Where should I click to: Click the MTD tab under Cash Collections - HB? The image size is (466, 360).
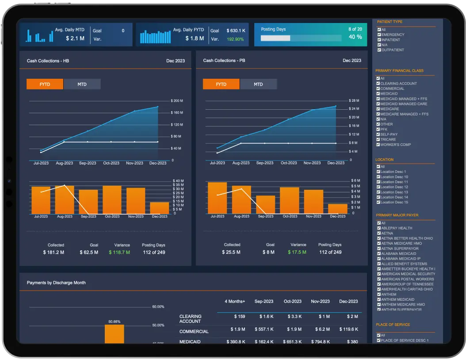[82, 84]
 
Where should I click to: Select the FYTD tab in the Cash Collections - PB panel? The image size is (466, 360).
[221, 84]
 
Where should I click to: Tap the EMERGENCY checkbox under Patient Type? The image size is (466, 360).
[379, 34]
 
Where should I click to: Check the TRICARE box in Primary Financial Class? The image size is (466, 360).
[378, 139]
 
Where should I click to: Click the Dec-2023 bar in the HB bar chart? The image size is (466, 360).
[160, 208]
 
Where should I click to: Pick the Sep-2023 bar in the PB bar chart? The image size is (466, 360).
[266, 204]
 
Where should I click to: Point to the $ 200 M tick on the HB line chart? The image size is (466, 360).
[176, 101]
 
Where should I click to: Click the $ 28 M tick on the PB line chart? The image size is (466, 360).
[354, 101]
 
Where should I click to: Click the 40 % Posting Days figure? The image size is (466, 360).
[355, 37]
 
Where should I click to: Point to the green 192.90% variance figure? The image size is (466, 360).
[235, 39]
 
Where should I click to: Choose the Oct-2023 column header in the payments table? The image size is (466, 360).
[292, 301]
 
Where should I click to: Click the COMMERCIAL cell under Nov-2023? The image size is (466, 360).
[321, 329]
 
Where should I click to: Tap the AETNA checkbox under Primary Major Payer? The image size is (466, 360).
[379, 233]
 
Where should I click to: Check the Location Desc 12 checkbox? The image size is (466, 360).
[378, 187]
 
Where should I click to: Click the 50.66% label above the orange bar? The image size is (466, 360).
[115, 322]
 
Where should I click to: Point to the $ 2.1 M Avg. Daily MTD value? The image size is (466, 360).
[75, 38]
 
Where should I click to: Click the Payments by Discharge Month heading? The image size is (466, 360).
[56, 283]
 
